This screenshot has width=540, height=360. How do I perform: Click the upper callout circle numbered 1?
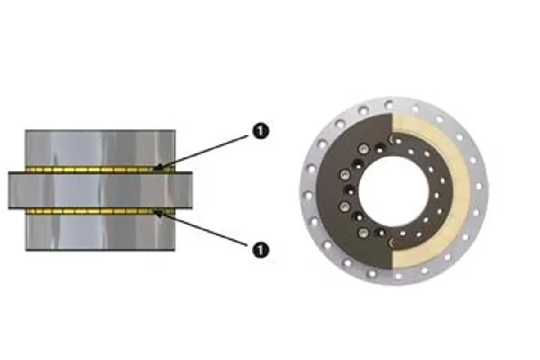261,132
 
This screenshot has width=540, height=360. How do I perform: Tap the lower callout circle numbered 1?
261,250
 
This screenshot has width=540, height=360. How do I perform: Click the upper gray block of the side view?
100,149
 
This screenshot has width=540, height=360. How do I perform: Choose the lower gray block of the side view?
100,233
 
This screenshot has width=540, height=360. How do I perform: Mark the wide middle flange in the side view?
100,190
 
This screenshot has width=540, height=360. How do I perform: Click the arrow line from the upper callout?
202,152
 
